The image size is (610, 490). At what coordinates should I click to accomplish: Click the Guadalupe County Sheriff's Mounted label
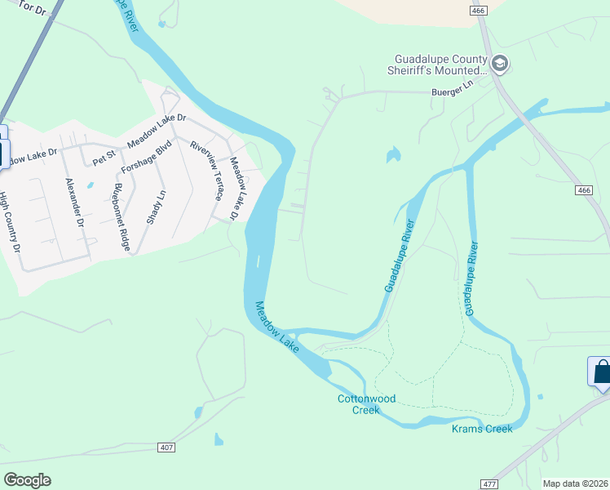(440, 65)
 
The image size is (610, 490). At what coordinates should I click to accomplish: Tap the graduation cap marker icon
(500, 63)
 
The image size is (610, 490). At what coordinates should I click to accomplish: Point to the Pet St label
(104, 157)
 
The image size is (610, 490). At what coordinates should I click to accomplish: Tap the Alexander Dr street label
(74, 202)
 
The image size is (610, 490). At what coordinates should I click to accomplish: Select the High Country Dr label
(8, 221)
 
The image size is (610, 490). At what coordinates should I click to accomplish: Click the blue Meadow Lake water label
(277, 327)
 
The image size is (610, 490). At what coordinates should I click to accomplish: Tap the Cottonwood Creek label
(366, 404)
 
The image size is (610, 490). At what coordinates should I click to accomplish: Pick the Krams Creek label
(482, 429)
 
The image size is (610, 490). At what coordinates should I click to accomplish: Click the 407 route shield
(166, 448)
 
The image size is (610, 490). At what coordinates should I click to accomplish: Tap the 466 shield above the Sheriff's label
(477, 10)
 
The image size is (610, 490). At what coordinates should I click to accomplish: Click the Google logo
(27, 480)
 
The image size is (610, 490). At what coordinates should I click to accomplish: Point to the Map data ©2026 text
(574, 483)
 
